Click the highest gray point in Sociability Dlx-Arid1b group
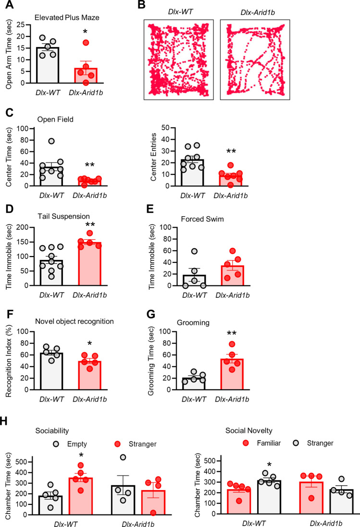click(123, 457)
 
